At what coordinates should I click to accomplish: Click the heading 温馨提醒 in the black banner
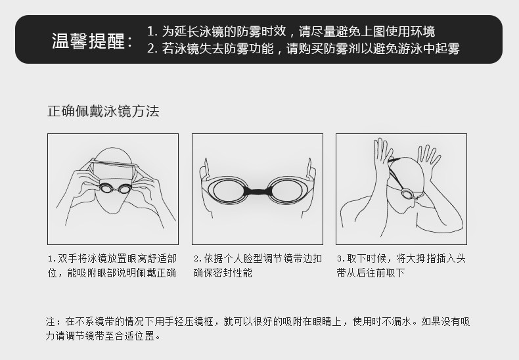(x=89, y=41)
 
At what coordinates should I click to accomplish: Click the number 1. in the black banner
(x=152, y=32)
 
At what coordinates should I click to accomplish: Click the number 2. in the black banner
(x=152, y=49)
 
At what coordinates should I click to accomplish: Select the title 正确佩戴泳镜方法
(x=103, y=111)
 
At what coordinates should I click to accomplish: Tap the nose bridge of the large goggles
(x=258, y=191)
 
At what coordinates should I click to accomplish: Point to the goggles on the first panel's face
(x=115, y=189)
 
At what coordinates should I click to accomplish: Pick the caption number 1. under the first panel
(x=52, y=259)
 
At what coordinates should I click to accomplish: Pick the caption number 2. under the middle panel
(x=198, y=259)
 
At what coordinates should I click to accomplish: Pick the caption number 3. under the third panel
(x=341, y=259)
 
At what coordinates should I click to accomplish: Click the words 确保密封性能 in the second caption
(x=223, y=273)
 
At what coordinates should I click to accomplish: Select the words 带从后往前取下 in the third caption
(x=371, y=273)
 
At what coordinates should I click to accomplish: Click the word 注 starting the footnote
(x=51, y=321)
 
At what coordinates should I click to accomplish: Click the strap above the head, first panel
(x=114, y=163)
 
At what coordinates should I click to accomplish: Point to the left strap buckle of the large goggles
(x=206, y=169)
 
